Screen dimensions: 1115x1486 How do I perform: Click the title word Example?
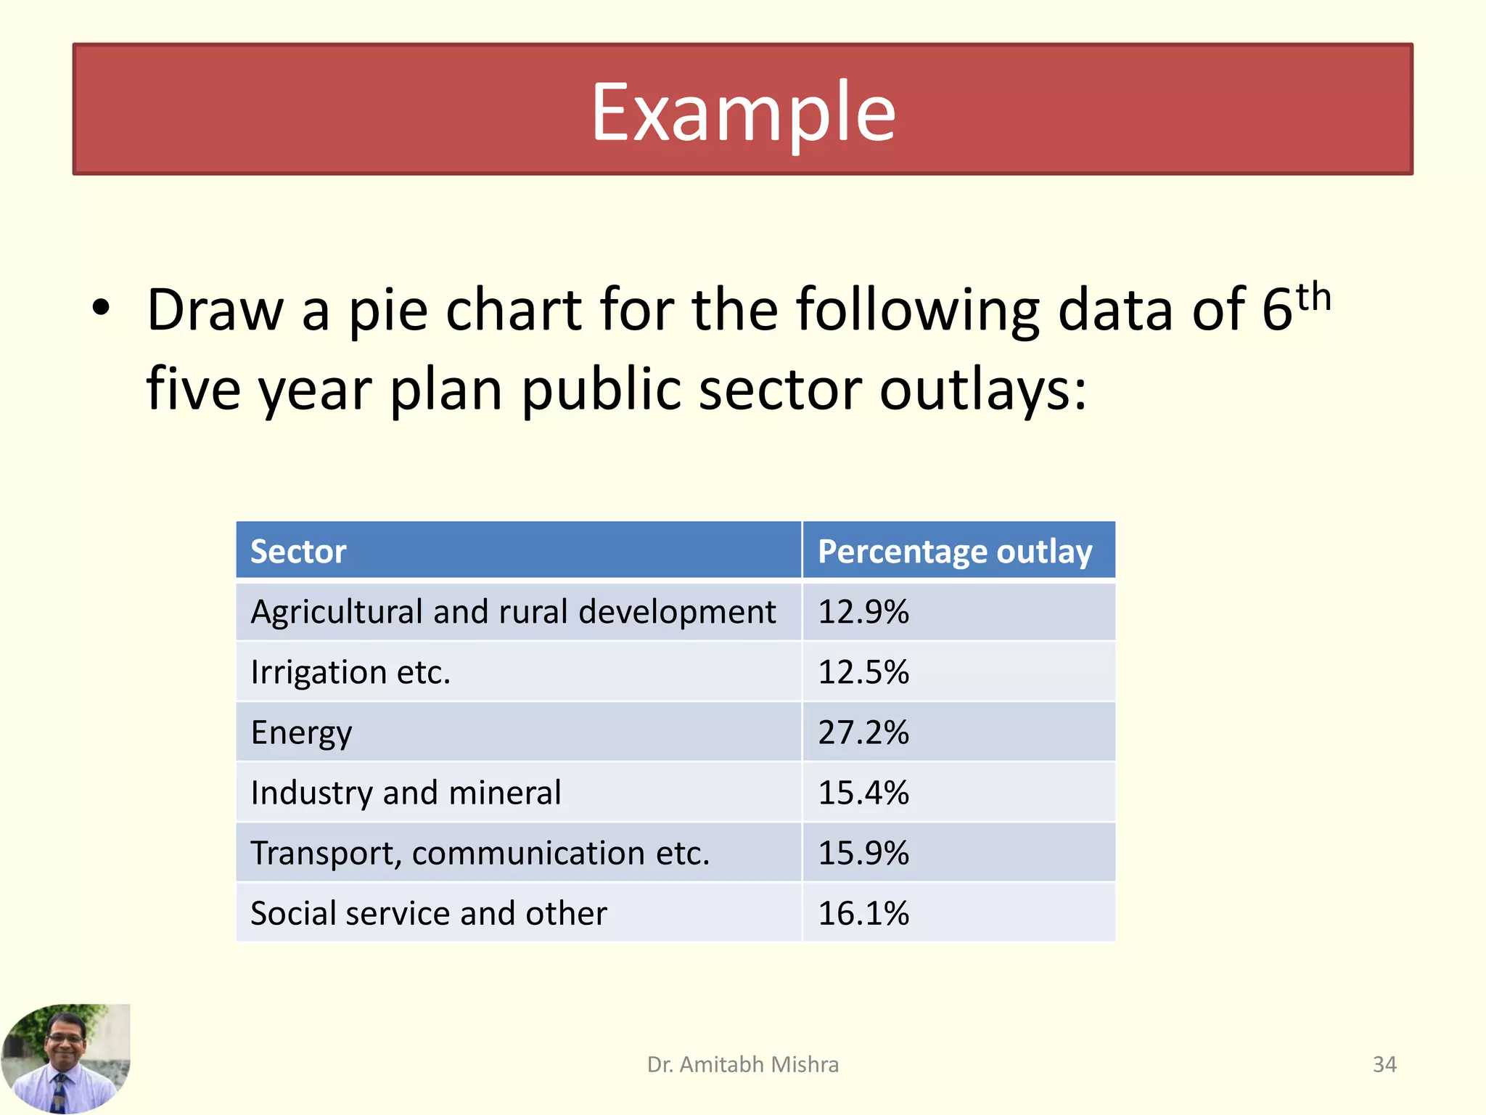coord(743,113)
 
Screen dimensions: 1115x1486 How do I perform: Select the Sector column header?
coord(298,552)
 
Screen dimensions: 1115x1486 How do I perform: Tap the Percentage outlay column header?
coord(955,552)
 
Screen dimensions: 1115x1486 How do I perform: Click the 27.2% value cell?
coord(863,732)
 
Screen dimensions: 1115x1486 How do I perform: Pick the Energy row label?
coord(301,732)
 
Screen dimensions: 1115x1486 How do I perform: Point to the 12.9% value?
coord(863,612)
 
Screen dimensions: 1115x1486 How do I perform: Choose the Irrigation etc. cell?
coord(350,672)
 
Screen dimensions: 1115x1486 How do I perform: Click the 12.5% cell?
coord(863,672)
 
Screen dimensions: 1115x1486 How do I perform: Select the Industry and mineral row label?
coord(406,793)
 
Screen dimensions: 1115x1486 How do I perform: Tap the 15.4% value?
coord(863,793)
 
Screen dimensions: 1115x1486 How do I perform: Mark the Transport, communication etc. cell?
coord(480,853)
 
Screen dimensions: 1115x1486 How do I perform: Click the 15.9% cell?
coord(863,853)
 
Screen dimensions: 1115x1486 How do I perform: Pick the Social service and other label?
coord(428,913)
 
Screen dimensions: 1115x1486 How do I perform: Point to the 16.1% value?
coord(863,913)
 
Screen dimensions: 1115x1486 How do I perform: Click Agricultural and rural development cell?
coord(513,612)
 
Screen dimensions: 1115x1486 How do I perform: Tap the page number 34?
coord(1384,1064)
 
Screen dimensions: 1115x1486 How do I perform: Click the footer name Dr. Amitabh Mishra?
coord(743,1064)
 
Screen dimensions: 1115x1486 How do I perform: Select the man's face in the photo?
coord(65,1040)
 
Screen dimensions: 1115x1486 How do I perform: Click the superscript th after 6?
coord(1313,298)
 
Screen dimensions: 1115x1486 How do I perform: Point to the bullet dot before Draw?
coord(101,308)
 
